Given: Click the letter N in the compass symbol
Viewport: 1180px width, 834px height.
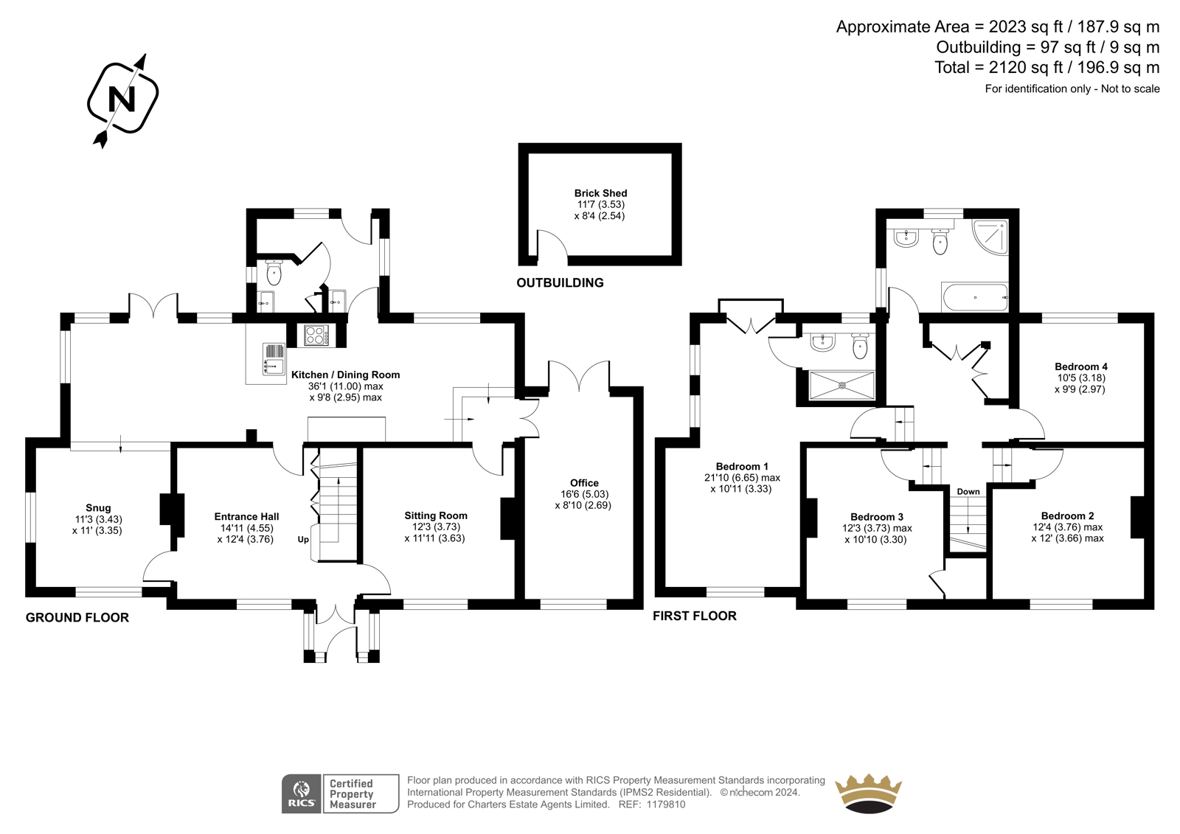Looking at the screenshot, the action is [122, 99].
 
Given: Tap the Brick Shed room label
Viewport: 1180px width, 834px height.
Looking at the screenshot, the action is [600, 193].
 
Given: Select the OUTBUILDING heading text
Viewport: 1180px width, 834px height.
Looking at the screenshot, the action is [560, 283].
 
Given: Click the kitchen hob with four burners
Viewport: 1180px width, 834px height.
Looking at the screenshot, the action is [316, 336].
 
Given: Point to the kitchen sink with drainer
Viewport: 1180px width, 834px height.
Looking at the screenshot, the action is [274, 359].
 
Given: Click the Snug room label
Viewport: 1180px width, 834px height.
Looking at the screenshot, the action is [99, 508].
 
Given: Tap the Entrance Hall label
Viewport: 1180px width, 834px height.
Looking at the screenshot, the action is [246, 517].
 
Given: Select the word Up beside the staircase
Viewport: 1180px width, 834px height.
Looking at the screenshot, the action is [303, 540].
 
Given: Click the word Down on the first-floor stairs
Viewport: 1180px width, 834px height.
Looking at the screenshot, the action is [968, 492].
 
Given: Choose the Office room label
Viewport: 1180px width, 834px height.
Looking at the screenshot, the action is [584, 482].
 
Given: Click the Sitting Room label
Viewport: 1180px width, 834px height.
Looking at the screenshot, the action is [436, 515].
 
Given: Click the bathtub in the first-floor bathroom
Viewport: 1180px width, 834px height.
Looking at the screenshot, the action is [974, 298].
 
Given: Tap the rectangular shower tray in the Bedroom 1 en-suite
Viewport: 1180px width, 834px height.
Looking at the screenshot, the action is [841, 385].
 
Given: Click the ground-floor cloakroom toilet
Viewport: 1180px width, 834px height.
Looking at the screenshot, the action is [274, 272].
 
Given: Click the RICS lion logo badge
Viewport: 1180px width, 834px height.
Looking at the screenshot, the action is [302, 793].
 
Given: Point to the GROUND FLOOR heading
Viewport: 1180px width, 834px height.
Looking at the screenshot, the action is [77, 617].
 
